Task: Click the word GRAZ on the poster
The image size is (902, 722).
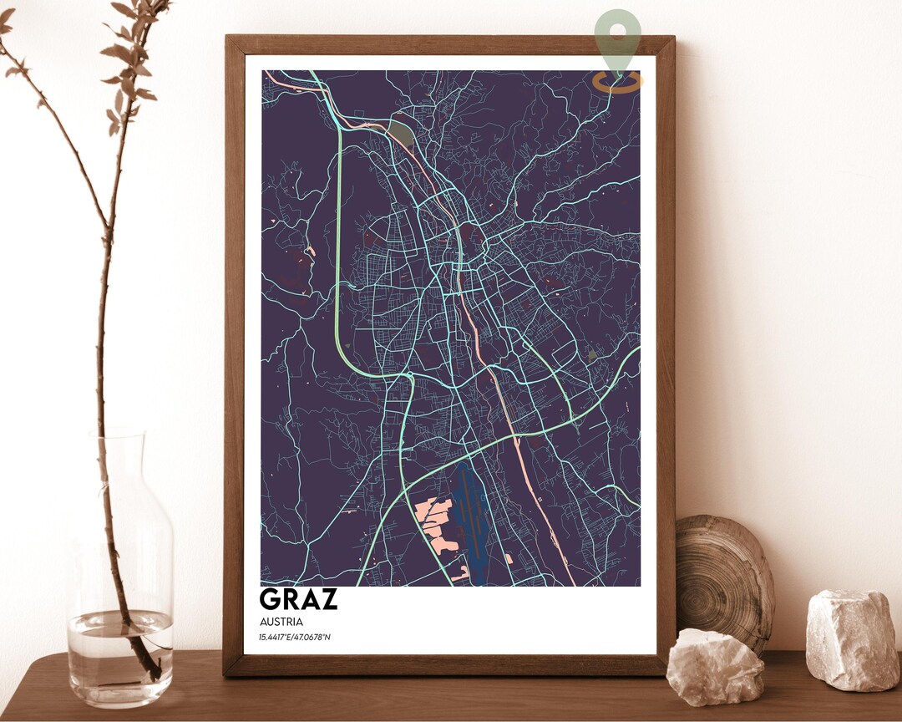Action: tap(298, 599)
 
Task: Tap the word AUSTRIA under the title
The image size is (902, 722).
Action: tap(281, 622)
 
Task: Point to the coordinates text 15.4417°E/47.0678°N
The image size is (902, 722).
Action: tap(295, 639)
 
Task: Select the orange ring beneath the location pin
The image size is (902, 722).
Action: tap(618, 81)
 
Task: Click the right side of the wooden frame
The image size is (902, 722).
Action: tap(665, 351)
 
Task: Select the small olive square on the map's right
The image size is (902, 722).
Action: tap(592, 356)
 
